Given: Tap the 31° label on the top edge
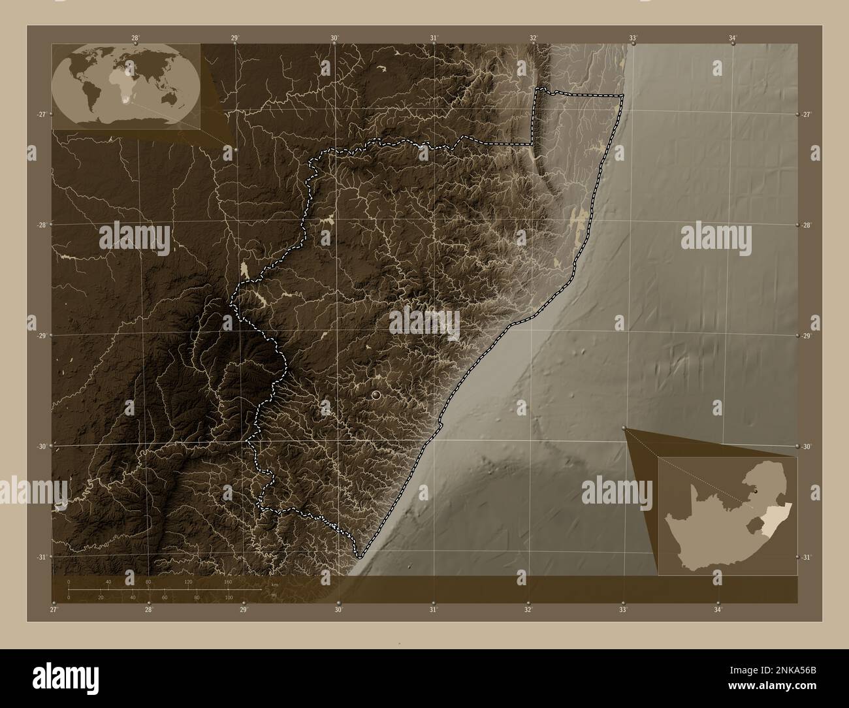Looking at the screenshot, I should (434, 38).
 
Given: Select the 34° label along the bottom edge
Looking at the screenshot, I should (718, 609).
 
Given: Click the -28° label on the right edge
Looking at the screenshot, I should (807, 225).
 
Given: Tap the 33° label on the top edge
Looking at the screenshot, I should (633, 38).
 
